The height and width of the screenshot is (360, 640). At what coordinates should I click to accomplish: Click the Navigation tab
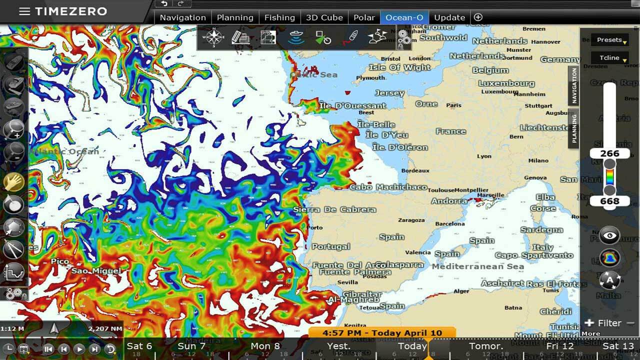[182, 17]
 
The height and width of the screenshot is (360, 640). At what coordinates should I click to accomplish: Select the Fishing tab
[279, 17]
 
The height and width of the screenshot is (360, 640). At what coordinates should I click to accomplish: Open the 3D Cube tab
[324, 17]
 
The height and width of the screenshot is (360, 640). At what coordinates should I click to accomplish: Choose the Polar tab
[364, 17]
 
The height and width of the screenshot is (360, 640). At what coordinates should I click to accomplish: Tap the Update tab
[449, 17]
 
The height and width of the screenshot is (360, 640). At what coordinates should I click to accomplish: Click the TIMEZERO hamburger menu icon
[24, 11]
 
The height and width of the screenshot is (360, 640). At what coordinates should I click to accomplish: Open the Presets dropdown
[609, 40]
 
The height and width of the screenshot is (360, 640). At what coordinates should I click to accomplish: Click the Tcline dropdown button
[609, 58]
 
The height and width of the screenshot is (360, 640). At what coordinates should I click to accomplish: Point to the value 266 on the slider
[609, 153]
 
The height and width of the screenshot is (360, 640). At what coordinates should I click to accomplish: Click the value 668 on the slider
[609, 201]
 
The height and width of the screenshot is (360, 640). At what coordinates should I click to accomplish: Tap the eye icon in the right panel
[609, 235]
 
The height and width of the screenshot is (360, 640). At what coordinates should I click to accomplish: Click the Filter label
[609, 323]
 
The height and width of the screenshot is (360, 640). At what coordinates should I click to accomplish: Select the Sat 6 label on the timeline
[139, 346]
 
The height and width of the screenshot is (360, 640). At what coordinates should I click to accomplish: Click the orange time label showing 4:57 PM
[382, 332]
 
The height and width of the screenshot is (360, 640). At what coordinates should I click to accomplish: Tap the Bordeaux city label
[415, 170]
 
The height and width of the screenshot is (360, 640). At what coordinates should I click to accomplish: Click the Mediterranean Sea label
[477, 266]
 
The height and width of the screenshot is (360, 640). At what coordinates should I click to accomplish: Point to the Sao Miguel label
[96, 271]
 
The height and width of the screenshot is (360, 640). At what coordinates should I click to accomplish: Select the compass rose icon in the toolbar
[214, 37]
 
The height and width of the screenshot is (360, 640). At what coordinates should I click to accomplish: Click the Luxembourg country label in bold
[506, 83]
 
